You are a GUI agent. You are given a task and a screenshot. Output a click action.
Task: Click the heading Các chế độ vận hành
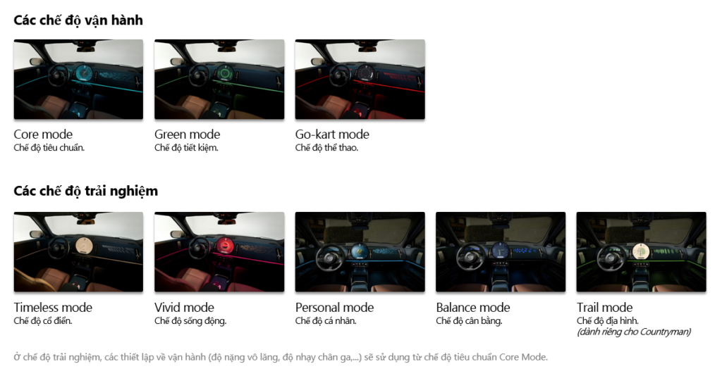[78, 20]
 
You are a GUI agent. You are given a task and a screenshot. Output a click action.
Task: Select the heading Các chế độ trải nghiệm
[85, 192]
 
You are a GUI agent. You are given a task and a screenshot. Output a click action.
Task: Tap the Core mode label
[43, 134]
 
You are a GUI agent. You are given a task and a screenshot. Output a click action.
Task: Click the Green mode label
[187, 134]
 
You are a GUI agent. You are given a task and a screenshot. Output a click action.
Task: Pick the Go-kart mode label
[332, 134]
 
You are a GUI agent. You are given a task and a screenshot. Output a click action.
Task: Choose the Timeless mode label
[53, 307]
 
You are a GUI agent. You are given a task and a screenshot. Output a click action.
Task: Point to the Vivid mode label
[184, 307]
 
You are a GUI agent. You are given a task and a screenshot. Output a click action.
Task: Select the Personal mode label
[334, 307]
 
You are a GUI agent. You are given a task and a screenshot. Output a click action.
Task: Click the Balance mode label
[473, 307]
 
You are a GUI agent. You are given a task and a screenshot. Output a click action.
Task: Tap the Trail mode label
[604, 307]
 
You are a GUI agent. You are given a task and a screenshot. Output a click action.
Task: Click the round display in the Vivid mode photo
[225, 245]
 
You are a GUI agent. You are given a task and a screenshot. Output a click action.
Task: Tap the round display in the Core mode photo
[85, 73]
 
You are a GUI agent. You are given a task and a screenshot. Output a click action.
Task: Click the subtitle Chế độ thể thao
[326, 148]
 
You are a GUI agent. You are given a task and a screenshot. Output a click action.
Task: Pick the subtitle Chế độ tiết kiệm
[186, 148]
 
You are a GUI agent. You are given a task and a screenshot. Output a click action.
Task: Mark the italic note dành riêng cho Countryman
[634, 332]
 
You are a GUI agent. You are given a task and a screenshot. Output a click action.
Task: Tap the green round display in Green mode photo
[225, 73]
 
